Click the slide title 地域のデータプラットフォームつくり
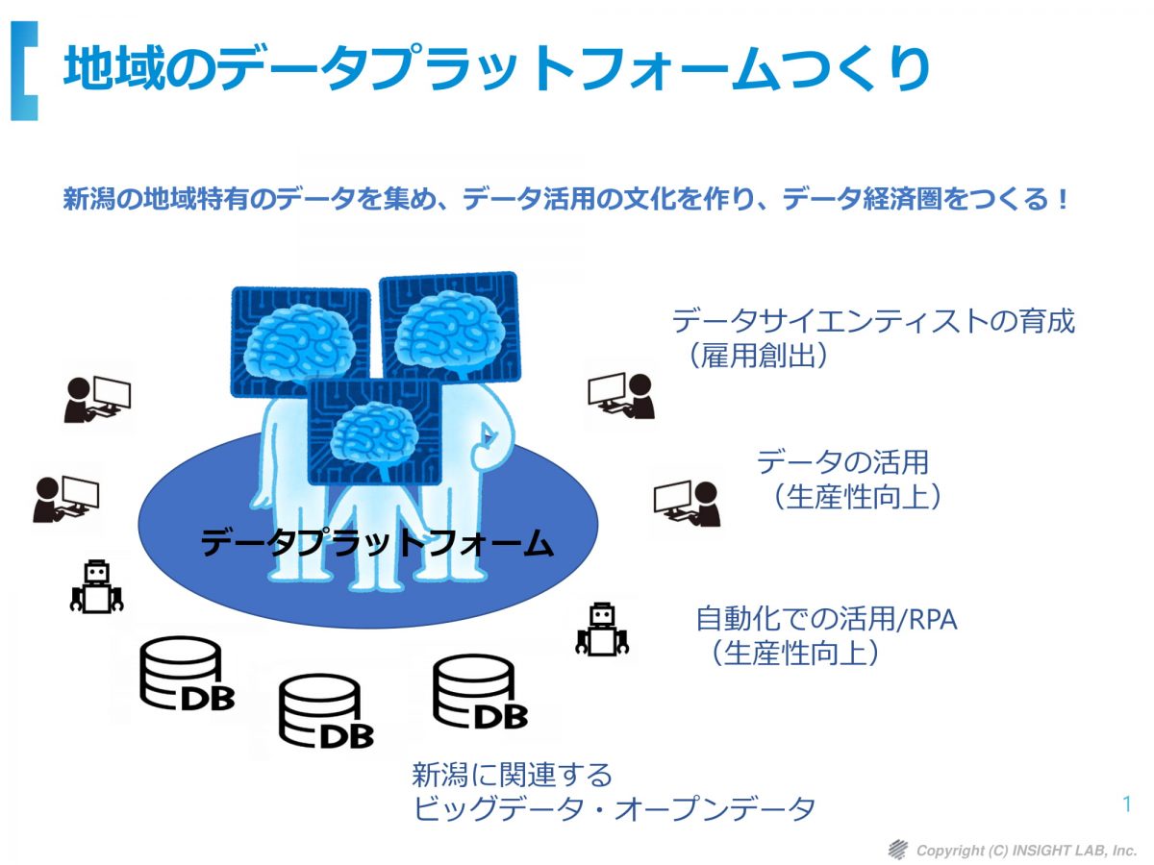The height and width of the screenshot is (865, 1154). click(497, 69)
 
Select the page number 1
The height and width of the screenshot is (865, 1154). click(1127, 804)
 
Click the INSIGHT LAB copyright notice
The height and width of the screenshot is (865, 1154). click(1026, 850)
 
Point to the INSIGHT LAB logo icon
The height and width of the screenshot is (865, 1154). click(898, 850)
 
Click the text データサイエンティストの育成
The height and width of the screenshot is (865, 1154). click(873, 321)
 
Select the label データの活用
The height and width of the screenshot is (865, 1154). click(843, 462)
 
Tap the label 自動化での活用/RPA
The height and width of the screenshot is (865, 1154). click(826, 619)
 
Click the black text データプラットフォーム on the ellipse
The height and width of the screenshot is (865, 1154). click(376, 542)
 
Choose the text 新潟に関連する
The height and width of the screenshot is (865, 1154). click(512, 774)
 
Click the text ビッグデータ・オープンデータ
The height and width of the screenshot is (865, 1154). click(615, 808)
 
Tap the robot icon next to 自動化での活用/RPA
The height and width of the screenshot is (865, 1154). click(602, 630)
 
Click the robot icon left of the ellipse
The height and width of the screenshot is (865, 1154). click(97, 586)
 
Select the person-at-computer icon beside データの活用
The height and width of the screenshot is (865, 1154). click(688, 504)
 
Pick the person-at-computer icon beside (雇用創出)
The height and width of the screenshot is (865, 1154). click(621, 396)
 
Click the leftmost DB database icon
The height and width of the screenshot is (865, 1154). click(187, 674)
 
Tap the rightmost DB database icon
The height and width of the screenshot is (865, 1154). click(480, 692)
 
